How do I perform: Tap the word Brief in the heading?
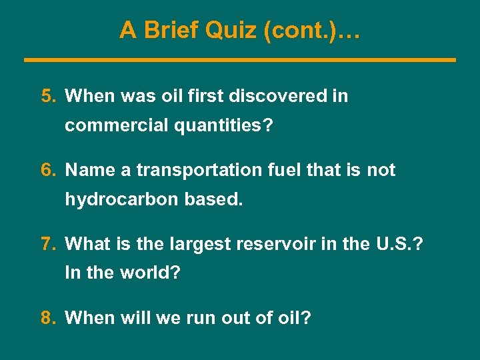172,30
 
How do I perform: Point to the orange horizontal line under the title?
240,60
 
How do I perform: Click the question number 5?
48,97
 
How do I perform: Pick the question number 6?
48,171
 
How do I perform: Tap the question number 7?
48,245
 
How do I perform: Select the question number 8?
48,318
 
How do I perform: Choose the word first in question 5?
205,97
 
